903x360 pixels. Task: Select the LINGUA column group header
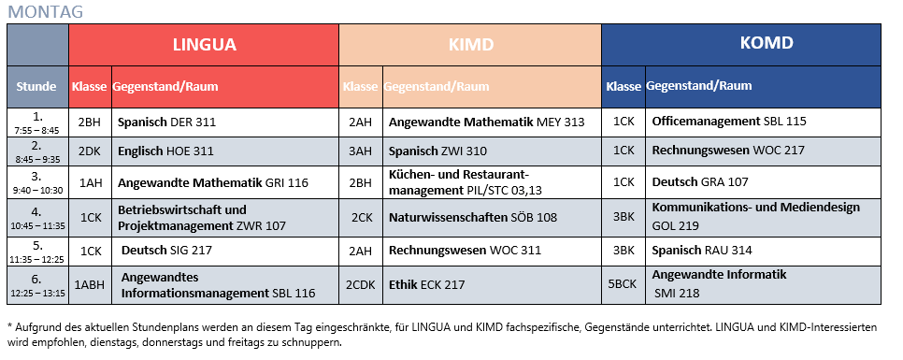point(204,44)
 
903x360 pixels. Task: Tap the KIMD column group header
point(469,44)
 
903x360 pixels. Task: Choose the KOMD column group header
point(739,43)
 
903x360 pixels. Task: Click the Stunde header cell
point(37,87)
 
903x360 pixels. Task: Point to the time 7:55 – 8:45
point(37,131)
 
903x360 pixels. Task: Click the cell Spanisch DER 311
point(165,122)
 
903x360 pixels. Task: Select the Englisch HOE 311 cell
point(165,151)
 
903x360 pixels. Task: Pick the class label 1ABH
point(90,285)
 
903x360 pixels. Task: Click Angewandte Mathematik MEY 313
point(486,122)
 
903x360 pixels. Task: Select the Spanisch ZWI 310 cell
point(437,151)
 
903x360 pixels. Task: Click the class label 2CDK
point(361,285)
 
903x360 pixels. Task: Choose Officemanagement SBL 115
point(728,122)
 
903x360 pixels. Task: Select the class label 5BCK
point(623,285)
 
